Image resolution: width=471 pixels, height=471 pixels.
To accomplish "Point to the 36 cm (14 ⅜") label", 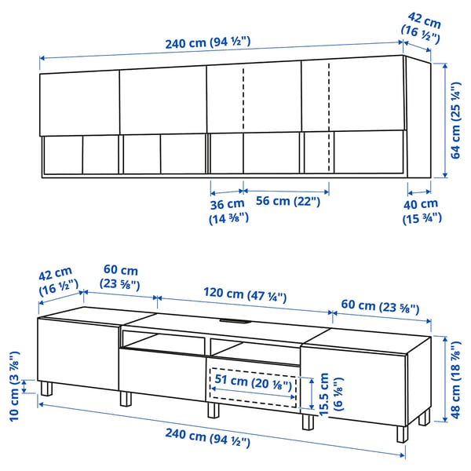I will click(228, 210).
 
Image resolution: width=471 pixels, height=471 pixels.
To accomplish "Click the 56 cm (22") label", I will click(288, 202).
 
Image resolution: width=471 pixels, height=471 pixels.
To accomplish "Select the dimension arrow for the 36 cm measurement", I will click(227, 190).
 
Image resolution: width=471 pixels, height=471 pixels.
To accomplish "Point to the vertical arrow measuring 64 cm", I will click(444, 118).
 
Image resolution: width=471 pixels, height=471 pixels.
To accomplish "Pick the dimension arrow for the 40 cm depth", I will click(418, 190).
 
